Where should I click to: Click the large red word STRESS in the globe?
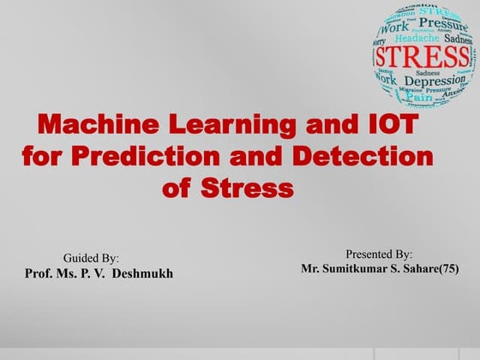point(421,57)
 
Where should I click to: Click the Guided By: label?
point(91,258)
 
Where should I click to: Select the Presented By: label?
point(379,255)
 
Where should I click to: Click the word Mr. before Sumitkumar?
point(313,269)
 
